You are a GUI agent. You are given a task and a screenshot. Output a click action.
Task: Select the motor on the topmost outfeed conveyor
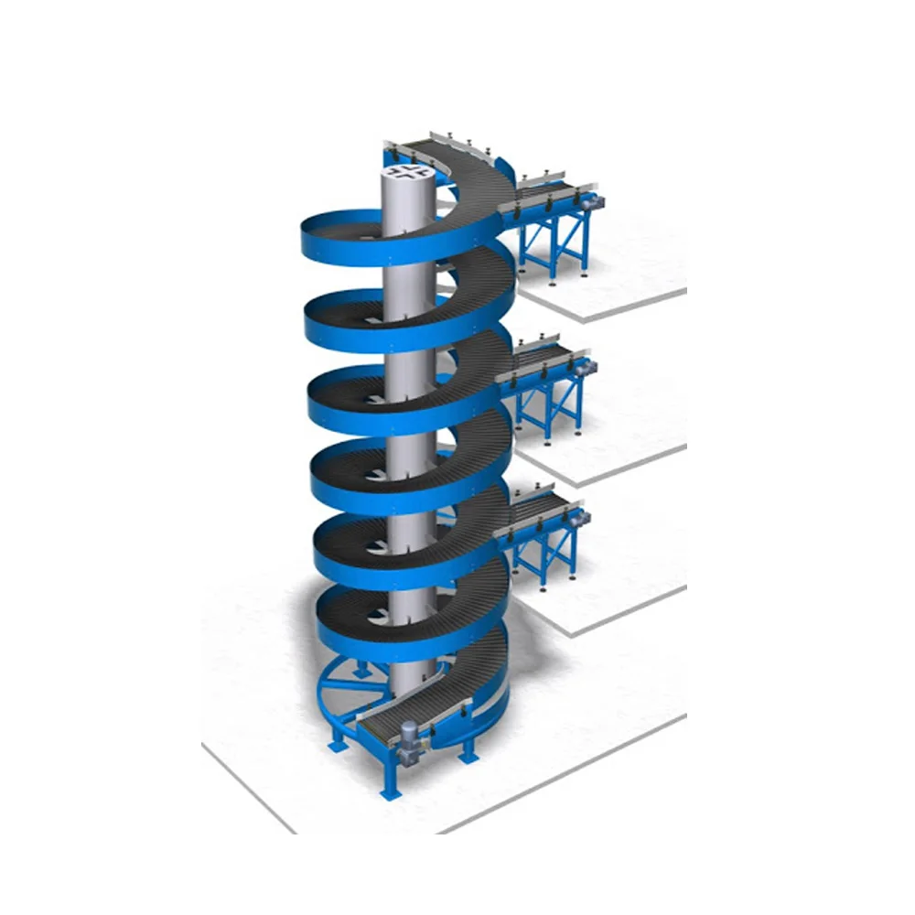(591, 196)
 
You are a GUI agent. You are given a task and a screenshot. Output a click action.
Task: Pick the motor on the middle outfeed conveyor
(583, 364)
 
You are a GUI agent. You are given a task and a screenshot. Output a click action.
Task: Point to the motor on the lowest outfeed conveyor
(578, 517)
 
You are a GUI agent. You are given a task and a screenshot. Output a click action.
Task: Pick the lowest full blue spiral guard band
(366, 631)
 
